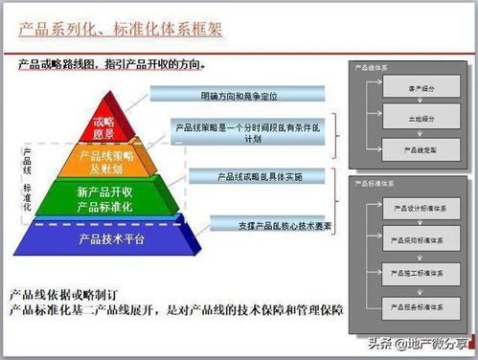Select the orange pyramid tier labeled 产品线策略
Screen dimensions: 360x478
click(107, 162)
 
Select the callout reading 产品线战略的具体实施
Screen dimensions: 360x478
click(259, 177)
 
